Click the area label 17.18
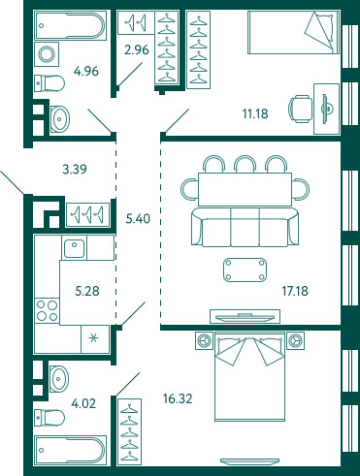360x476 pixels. (x=295, y=291)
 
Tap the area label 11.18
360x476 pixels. (x=255, y=113)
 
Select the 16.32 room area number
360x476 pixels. (x=178, y=398)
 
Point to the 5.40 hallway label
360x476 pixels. (x=138, y=219)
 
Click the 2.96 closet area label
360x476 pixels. (x=137, y=50)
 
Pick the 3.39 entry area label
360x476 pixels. (x=75, y=169)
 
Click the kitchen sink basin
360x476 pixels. (x=74, y=248)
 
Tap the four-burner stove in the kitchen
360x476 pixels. (x=47, y=310)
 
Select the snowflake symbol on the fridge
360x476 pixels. (x=94, y=338)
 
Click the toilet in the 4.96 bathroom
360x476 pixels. (x=49, y=83)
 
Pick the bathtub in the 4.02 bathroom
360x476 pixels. (x=70, y=450)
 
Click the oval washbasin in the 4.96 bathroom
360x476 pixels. (x=60, y=119)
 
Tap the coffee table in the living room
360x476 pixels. (x=245, y=270)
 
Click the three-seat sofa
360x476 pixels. (x=245, y=228)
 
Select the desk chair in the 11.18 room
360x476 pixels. (x=301, y=110)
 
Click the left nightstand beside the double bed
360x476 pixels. (x=204, y=340)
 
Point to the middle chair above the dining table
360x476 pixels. (x=245, y=164)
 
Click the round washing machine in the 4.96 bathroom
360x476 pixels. (x=47, y=54)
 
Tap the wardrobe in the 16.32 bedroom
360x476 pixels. (x=129, y=432)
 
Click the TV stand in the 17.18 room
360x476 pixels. (x=245, y=316)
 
